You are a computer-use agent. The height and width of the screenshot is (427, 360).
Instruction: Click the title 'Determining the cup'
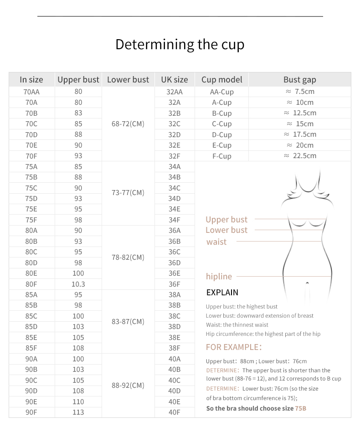click(x=180, y=45)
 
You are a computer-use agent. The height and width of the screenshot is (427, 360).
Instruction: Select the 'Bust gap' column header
click(x=299, y=80)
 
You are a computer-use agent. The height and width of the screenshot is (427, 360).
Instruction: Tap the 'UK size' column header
click(x=174, y=80)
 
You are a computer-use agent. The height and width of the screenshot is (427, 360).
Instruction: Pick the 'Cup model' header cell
click(x=221, y=80)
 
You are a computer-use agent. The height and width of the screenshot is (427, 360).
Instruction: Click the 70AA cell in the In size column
click(x=31, y=92)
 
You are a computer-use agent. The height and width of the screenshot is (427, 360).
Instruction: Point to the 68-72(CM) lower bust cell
click(x=128, y=123)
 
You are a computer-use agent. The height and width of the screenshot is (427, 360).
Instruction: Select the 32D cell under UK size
click(x=174, y=134)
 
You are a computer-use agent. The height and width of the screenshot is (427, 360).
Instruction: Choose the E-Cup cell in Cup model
click(x=221, y=145)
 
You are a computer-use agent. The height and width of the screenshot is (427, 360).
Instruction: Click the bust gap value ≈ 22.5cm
click(x=299, y=156)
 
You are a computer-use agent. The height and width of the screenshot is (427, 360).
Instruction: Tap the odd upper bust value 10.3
click(x=78, y=284)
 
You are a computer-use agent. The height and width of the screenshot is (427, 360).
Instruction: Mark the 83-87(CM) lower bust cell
click(x=128, y=321)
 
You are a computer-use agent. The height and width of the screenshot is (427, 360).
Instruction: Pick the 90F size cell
click(x=31, y=412)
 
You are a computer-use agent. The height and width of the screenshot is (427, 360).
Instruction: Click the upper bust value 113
click(x=78, y=412)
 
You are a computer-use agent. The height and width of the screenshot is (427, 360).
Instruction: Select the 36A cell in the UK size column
click(x=174, y=231)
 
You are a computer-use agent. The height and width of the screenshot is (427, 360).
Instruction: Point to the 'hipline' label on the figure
click(x=219, y=277)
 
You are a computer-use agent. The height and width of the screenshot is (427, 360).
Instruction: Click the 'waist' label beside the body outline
click(x=216, y=242)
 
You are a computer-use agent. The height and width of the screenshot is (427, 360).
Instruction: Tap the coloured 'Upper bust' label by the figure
click(x=226, y=220)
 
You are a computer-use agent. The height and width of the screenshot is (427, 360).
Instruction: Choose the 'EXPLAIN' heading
click(x=222, y=293)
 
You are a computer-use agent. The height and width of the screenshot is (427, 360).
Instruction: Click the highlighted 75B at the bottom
click(x=300, y=408)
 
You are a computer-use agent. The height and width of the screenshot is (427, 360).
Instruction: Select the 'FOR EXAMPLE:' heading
click(x=234, y=347)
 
